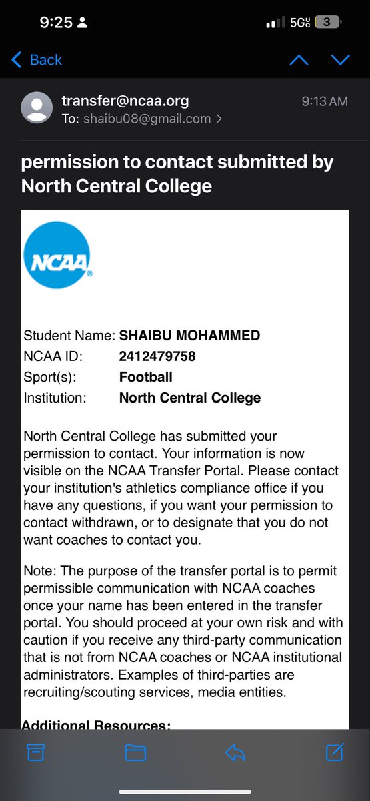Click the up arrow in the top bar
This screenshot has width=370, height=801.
[299, 60]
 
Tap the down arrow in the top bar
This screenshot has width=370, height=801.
[341, 60]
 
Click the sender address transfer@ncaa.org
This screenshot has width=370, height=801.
[125, 101]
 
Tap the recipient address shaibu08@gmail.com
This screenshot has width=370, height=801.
[146, 119]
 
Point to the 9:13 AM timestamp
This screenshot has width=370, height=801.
[325, 101]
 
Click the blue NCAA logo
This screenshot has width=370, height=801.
[57, 255]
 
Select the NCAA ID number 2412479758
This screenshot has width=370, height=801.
[157, 356]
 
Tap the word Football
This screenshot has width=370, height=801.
[146, 377]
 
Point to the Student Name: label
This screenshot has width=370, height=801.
[69, 336]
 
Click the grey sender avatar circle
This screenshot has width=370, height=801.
[37, 108]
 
